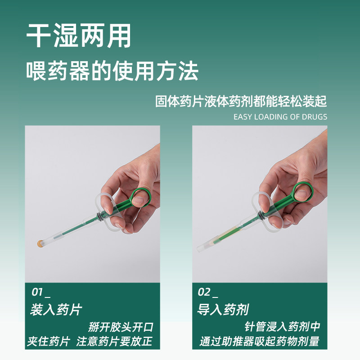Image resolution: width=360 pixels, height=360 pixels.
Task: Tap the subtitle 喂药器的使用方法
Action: coord(112,71)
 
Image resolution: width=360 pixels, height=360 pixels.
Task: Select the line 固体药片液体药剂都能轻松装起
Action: coord(241,101)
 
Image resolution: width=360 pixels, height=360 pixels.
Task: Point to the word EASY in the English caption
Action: coord(243,117)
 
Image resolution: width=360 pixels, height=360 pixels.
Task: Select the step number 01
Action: coord(37,292)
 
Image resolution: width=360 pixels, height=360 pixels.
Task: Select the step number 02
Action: coord(204,292)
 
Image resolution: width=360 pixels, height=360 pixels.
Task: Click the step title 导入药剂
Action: coord(223,310)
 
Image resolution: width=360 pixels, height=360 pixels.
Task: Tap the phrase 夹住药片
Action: coord(49,342)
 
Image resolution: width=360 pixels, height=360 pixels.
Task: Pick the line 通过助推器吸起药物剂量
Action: coord(259,342)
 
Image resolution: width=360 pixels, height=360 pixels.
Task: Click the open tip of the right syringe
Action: coord(199,248)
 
